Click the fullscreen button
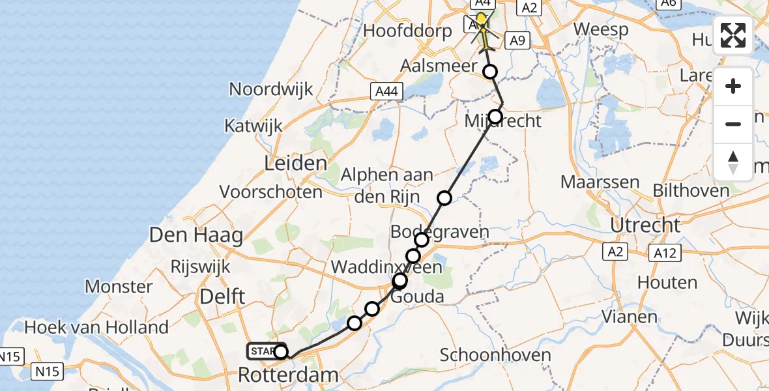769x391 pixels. (733, 35)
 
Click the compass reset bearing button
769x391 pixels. (733, 162)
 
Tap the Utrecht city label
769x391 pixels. (645, 225)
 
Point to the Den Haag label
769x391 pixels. (196, 235)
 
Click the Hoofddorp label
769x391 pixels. (407, 31)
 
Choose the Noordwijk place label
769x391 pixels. (271, 89)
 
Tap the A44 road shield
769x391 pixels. (386, 93)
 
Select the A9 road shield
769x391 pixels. (516, 41)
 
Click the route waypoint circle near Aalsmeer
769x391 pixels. (489, 72)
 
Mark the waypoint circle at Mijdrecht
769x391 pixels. (495, 117)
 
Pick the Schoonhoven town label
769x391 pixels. (495, 355)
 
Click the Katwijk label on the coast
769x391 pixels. (254, 125)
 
